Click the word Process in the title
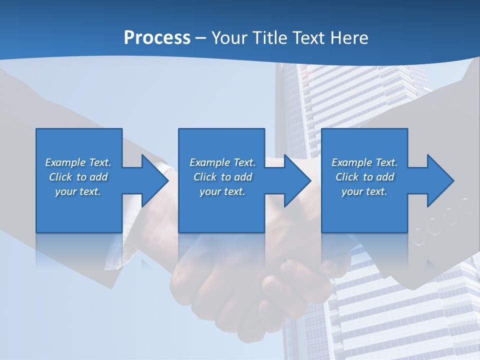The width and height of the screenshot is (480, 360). pyautogui.click(x=157, y=38)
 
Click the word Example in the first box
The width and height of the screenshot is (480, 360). pyautogui.click(x=65, y=162)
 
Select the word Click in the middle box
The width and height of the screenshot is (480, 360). pyautogui.click(x=205, y=177)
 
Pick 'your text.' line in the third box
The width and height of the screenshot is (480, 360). pyautogui.click(x=364, y=191)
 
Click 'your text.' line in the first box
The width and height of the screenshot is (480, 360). pyautogui.click(x=78, y=191)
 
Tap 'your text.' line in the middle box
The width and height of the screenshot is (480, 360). pyautogui.click(x=222, y=191)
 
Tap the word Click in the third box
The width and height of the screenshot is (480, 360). pyautogui.click(x=347, y=177)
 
